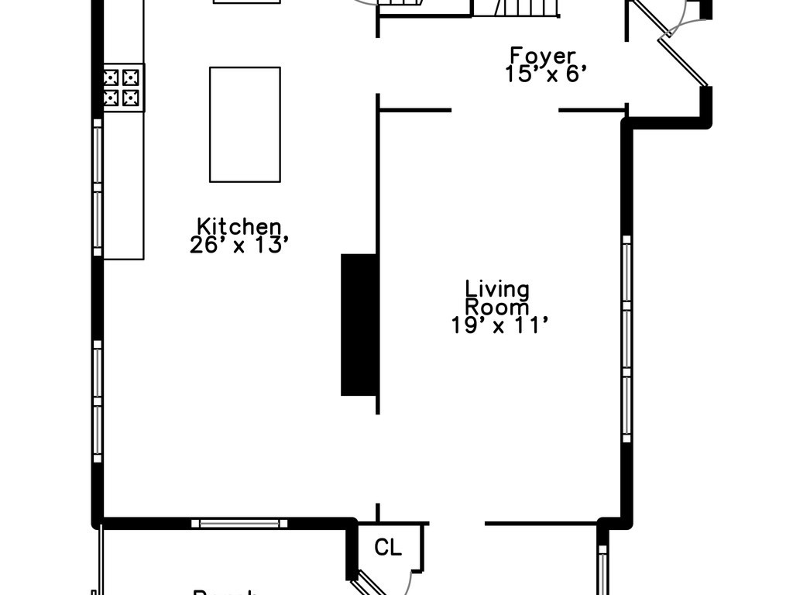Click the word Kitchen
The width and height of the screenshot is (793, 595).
(x=239, y=227)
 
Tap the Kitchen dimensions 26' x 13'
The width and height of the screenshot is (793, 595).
(x=239, y=246)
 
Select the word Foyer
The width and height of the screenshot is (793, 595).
(x=542, y=56)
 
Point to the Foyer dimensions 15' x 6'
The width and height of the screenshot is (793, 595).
(x=542, y=74)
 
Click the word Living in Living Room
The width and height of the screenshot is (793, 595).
(x=497, y=290)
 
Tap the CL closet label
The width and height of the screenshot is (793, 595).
(x=388, y=548)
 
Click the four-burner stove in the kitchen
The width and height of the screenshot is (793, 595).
(x=123, y=87)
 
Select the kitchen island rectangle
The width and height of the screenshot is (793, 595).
(x=245, y=124)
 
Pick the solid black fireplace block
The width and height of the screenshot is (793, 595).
(x=359, y=324)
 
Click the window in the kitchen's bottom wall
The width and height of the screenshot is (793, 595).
(x=239, y=524)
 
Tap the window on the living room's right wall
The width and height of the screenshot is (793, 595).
(x=627, y=339)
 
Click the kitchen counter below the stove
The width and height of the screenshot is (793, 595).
(x=123, y=186)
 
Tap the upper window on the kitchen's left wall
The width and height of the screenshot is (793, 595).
(x=98, y=191)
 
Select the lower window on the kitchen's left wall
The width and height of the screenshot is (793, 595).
(x=98, y=401)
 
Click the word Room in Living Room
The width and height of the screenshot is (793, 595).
(x=496, y=307)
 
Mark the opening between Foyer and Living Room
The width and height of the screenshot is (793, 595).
(x=505, y=111)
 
